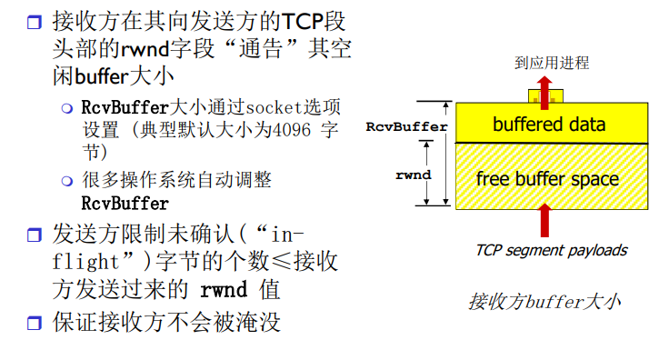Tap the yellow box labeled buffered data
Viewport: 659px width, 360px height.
[548, 124]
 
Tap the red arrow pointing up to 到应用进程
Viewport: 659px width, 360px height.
[545, 88]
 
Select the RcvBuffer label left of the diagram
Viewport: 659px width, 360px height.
[406, 127]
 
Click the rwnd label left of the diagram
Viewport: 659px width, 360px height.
[413, 175]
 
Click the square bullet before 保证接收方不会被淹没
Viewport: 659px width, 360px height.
[35, 323]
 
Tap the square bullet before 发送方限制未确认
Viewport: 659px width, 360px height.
[35, 235]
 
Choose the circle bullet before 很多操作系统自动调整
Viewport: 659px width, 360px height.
[66, 180]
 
